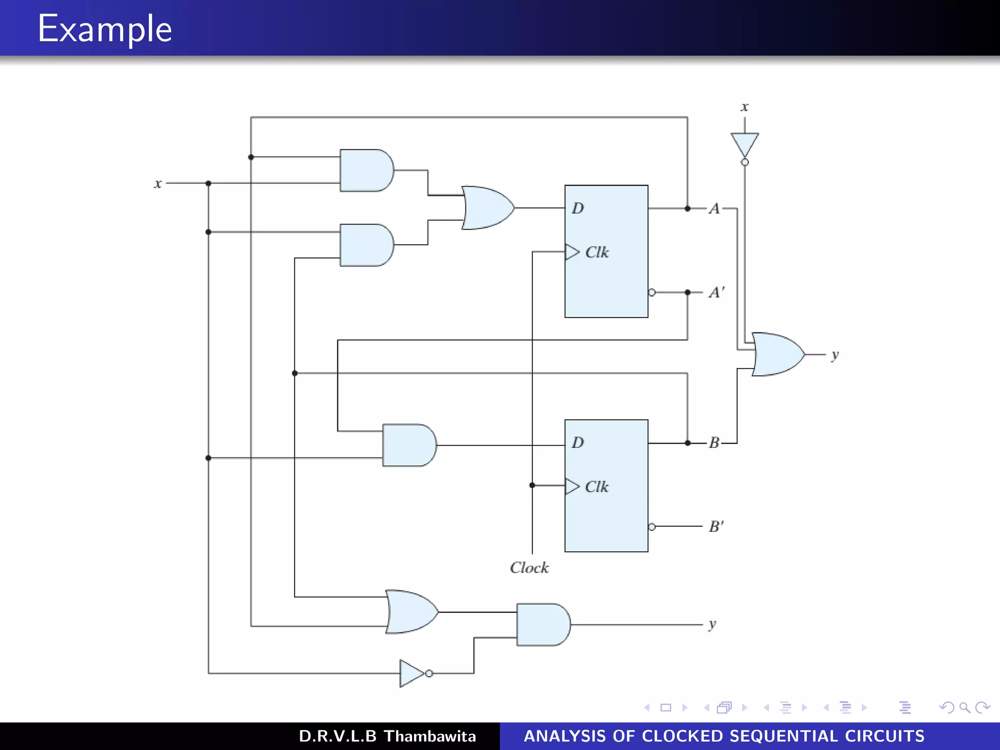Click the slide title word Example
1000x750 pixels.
coord(105,29)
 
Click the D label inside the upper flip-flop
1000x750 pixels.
coord(578,208)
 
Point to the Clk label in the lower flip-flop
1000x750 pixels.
coord(597,487)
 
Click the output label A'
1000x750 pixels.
coord(716,292)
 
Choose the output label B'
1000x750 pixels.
coord(716,527)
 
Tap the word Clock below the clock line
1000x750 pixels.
coord(529,568)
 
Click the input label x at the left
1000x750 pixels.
coord(158,184)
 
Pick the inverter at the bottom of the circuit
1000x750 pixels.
coord(411,673)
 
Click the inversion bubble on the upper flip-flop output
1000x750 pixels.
coord(652,292)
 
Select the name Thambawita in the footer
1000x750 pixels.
coord(430,736)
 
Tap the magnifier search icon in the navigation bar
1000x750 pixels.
coord(964,708)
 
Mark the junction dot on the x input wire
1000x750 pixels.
coord(208,184)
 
